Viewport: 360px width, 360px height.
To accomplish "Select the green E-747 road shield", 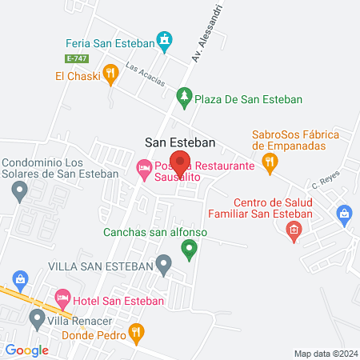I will (x=77, y=58).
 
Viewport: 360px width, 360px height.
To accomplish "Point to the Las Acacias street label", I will (x=145, y=77).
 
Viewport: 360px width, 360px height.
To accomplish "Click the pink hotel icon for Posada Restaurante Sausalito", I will (x=144, y=168).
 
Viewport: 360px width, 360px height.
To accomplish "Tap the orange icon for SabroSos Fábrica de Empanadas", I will (x=270, y=164).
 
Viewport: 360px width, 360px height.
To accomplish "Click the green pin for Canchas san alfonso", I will (x=190, y=250).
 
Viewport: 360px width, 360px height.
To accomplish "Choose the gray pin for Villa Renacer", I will (x=36, y=319).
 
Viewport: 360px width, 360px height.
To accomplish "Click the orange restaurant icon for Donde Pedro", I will (x=137, y=330).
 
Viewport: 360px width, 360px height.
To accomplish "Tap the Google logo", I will (x=27, y=350).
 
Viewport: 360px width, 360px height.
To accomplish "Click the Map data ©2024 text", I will (x=324, y=353).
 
